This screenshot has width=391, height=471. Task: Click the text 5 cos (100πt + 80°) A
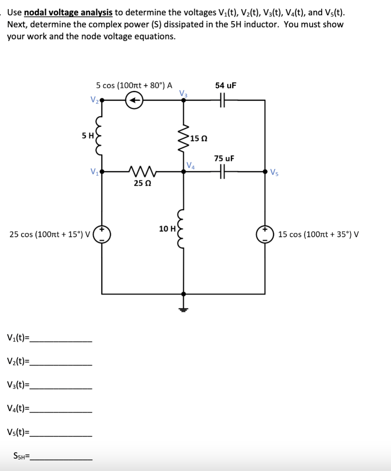point(134,85)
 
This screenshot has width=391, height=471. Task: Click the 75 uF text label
point(224,158)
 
